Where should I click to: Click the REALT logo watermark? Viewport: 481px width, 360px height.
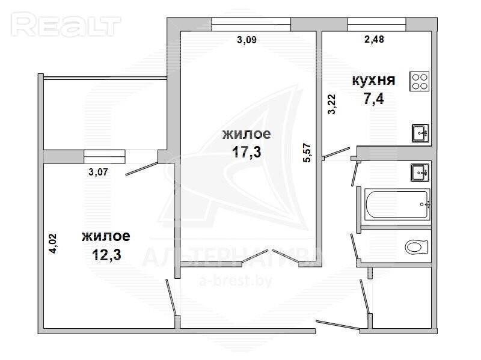click(66, 25)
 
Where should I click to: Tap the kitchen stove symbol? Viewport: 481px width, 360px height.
click(420, 81)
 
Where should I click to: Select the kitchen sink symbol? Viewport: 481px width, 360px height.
click(420, 133)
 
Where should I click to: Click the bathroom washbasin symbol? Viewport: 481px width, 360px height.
click(420, 172)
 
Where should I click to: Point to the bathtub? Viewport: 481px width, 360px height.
click(397, 204)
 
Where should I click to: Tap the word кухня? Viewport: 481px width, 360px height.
click(373, 81)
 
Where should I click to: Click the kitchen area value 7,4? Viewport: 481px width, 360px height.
click(373, 99)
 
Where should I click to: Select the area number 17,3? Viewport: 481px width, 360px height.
click(247, 151)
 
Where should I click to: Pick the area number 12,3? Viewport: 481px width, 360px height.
click(106, 254)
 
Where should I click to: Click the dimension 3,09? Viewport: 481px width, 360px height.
click(247, 40)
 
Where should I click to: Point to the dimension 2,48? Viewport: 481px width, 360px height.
click(374, 39)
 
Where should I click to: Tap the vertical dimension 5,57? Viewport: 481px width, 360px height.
click(307, 153)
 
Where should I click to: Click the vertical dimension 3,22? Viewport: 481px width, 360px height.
click(332, 104)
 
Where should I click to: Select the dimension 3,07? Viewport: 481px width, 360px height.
click(98, 172)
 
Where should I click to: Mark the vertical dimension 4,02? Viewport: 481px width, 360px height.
click(53, 243)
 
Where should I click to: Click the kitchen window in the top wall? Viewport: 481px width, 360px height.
click(377, 24)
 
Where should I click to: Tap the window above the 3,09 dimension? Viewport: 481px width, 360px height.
click(251, 24)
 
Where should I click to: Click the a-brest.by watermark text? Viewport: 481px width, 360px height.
click(236, 281)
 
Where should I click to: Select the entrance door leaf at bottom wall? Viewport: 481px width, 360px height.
click(338, 325)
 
